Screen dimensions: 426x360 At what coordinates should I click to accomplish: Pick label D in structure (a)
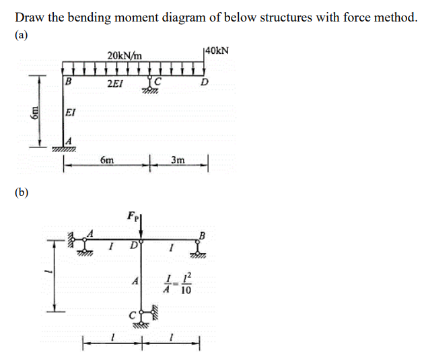pos(205,83)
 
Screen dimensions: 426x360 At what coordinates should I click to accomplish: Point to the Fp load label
pos(132,216)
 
